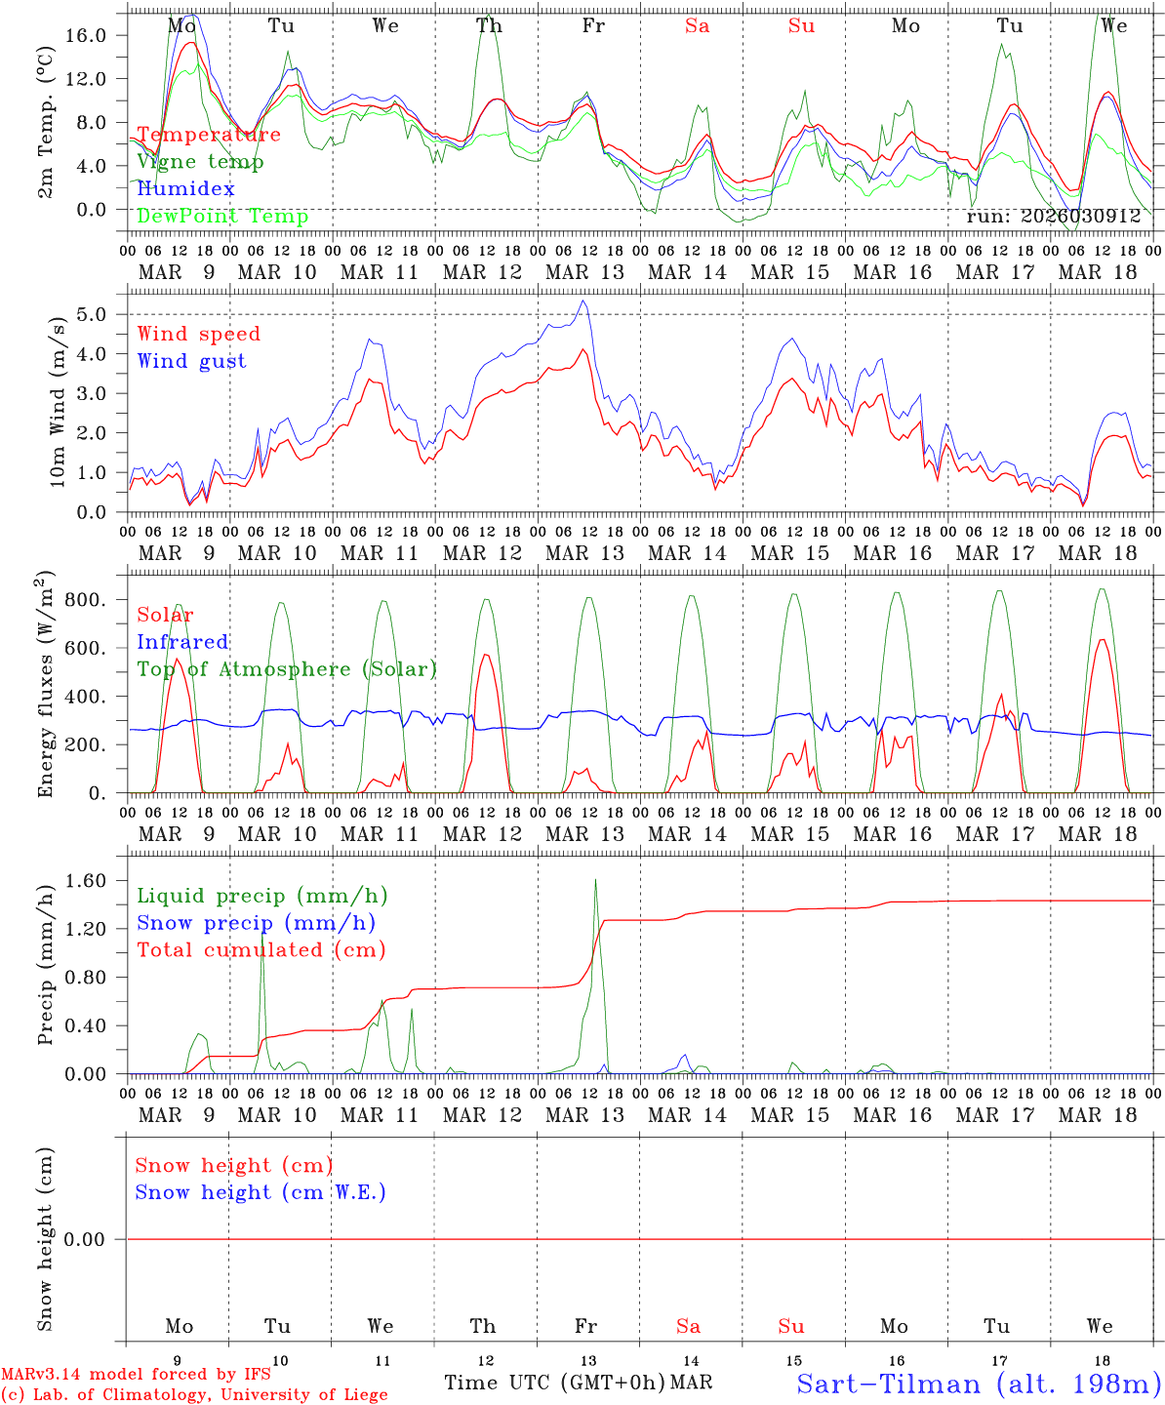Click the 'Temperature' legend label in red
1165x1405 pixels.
coord(209,135)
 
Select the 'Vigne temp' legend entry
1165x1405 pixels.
coord(200,162)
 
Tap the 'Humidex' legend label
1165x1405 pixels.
coord(185,189)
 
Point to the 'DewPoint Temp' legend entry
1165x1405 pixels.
coord(222,217)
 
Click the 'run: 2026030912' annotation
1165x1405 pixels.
coord(1053,217)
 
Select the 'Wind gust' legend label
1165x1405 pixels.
coord(191,361)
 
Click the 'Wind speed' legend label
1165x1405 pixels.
coord(199,334)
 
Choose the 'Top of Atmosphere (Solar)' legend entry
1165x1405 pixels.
coord(287,669)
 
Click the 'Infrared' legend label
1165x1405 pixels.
coord(182,642)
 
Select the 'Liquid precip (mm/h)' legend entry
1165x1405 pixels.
coord(262,896)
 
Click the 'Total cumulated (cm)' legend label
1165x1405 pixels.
coord(261,950)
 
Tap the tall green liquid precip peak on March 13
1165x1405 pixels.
coord(595,881)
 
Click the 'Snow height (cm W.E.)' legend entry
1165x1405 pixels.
coord(261,1192)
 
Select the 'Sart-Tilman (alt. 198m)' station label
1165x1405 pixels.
coord(978,1384)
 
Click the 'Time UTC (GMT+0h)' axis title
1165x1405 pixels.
coord(555,1383)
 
